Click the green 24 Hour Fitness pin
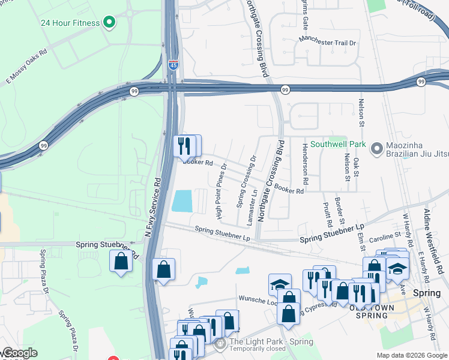pos(109,23)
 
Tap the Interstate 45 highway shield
pos(173,65)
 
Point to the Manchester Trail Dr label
pos(328,43)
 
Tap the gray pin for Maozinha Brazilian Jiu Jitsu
pos(376,148)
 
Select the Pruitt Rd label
pos(328,212)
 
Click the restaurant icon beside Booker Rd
pos(184,145)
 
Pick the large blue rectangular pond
pos(182,201)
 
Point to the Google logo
pos(19,353)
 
